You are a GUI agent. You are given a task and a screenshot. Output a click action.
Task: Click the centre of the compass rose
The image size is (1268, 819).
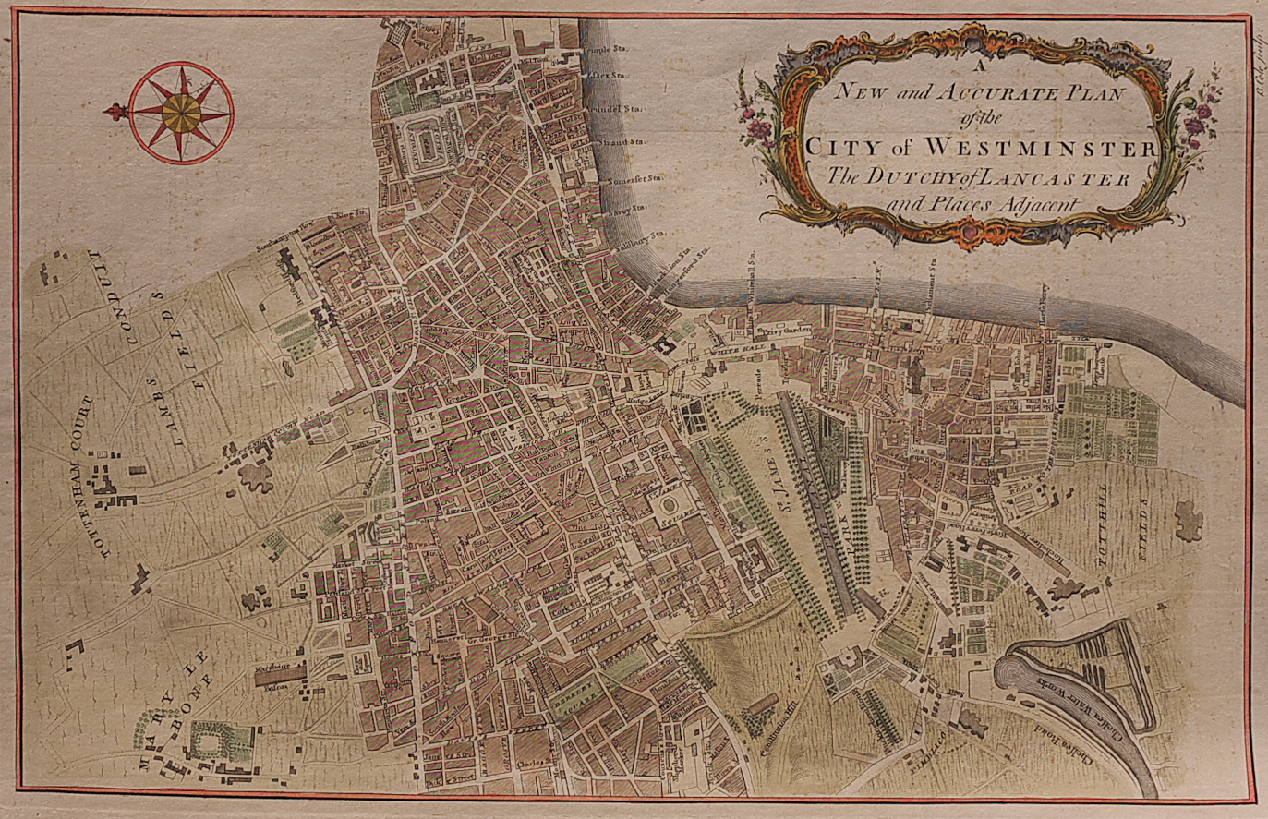[182, 113]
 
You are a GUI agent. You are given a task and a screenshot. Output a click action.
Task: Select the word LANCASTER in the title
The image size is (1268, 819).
[1043, 178]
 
